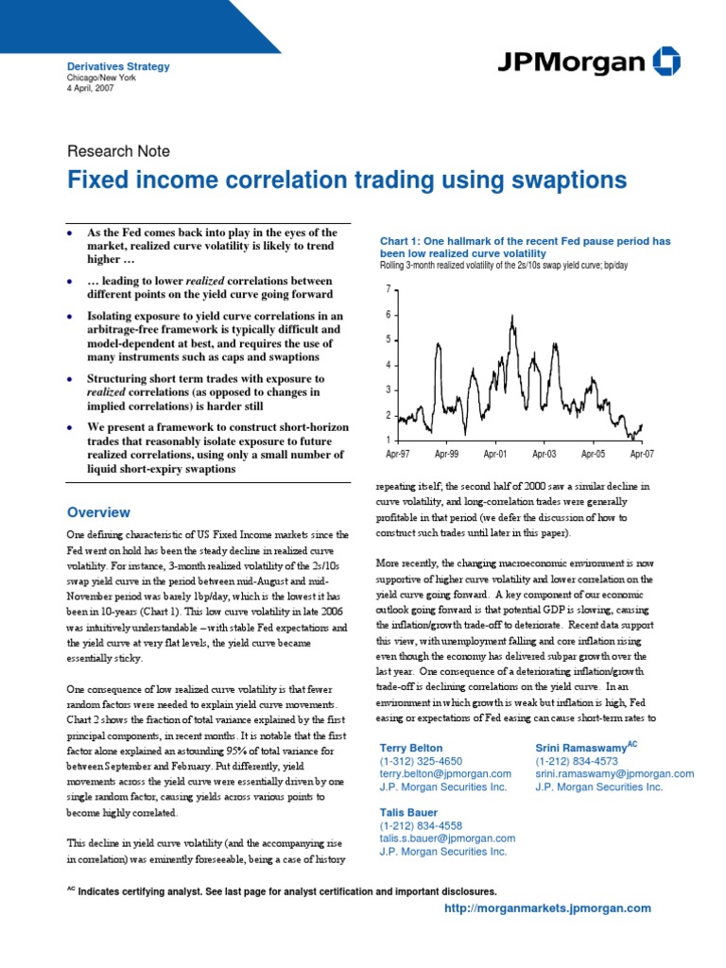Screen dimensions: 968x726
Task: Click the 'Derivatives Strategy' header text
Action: pos(118,67)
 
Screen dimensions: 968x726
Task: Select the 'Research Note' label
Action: pos(118,150)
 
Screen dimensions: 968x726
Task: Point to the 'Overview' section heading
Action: pos(98,512)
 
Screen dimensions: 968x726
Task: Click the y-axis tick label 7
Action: pos(388,288)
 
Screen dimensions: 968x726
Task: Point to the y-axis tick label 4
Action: pos(388,365)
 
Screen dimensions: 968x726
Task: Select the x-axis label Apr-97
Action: pos(399,455)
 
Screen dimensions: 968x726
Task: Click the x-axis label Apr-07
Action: pos(642,455)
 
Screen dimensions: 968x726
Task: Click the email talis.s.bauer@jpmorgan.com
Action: pos(447,838)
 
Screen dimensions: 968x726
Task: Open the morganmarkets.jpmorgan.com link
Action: pos(547,907)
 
